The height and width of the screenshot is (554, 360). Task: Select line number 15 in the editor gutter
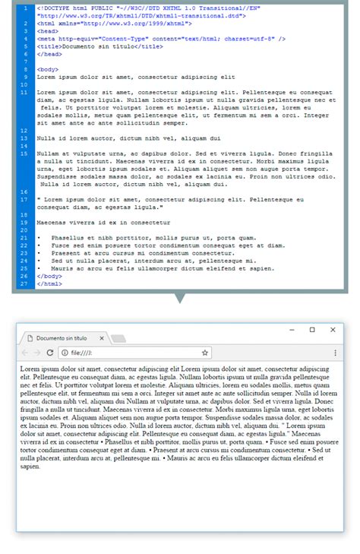(x=25, y=154)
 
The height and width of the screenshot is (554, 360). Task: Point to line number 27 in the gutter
(x=25, y=283)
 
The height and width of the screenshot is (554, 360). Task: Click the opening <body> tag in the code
(x=47, y=69)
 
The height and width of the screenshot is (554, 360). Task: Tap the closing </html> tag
(x=49, y=283)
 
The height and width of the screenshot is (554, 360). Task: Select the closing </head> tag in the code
(x=49, y=55)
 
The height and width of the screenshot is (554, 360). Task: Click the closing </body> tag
(x=49, y=277)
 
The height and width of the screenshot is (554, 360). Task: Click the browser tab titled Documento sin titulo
(x=62, y=337)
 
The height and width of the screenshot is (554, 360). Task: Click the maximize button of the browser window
(x=312, y=330)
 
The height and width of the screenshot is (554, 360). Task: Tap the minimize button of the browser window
(x=292, y=330)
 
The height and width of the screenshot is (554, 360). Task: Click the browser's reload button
(x=50, y=353)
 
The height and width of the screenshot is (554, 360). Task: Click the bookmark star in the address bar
(x=205, y=353)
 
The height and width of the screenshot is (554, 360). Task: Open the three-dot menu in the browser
(x=336, y=353)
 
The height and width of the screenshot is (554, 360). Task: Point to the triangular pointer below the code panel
(x=180, y=299)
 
